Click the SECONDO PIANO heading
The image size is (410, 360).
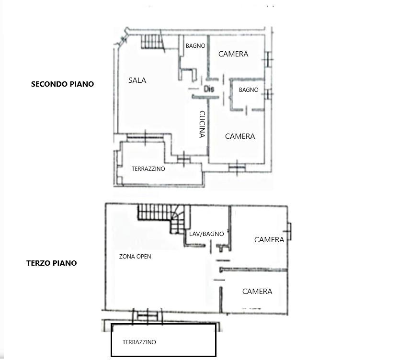click(x=62, y=84)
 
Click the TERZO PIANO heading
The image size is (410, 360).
click(x=52, y=263)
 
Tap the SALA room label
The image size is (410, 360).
click(x=137, y=80)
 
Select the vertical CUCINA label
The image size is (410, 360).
click(x=202, y=124)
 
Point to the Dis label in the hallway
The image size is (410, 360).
click(x=209, y=89)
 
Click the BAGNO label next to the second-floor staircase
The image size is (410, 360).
click(x=195, y=46)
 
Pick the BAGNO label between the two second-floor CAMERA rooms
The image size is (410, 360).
click(x=249, y=90)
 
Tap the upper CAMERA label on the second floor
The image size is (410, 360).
click(x=233, y=54)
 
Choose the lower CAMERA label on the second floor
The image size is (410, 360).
click(x=240, y=136)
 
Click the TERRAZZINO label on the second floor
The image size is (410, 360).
click(x=148, y=169)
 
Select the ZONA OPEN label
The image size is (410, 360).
click(x=135, y=257)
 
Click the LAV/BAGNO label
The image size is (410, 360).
click(x=206, y=234)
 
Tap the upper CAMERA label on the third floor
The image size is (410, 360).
click(x=269, y=240)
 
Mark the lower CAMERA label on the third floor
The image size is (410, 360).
click(x=257, y=291)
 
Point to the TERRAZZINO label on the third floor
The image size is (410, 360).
click(x=139, y=342)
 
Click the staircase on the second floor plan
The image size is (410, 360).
click(x=153, y=42)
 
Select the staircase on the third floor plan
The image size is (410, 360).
click(x=164, y=219)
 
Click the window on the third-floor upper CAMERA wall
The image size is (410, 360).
click(x=289, y=232)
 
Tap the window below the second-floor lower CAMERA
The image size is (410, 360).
click(x=237, y=168)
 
